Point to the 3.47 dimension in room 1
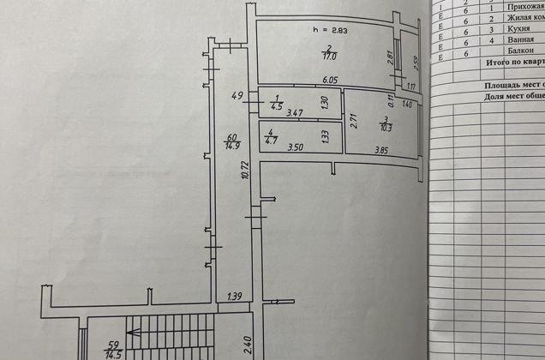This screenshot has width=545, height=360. (x=294, y=112)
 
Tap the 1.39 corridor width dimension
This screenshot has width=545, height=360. (x=234, y=297)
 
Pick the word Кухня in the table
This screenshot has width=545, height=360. (x=512, y=28)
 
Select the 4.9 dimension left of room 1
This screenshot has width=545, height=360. (x=238, y=95)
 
